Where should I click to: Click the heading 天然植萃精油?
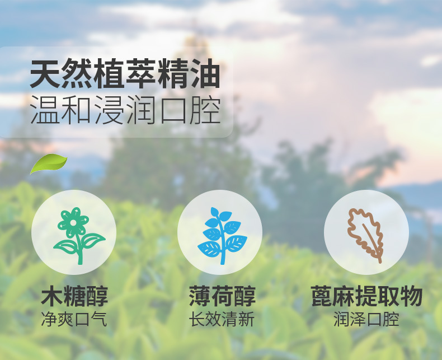[x=125, y=74]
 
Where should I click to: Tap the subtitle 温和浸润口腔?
[x=125, y=110]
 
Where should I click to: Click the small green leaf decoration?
[x=49, y=163]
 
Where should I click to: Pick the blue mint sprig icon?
[x=222, y=236]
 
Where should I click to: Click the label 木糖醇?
[x=74, y=296]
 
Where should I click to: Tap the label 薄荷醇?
[x=222, y=296]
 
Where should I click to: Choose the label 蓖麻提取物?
[x=366, y=296]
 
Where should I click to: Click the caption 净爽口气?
[x=74, y=319]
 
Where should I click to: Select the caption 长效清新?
[x=222, y=319]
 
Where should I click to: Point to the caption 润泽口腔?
[x=366, y=319]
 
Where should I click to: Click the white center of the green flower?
[x=73, y=223]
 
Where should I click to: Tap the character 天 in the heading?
[x=45, y=74]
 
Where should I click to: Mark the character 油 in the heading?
[x=204, y=74]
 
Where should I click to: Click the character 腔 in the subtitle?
[x=205, y=110]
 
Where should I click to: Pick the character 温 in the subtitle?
[x=45, y=110]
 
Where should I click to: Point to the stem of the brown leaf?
[x=373, y=243]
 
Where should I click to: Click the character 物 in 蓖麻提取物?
[x=411, y=296]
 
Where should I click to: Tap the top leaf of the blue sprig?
[x=215, y=212]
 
